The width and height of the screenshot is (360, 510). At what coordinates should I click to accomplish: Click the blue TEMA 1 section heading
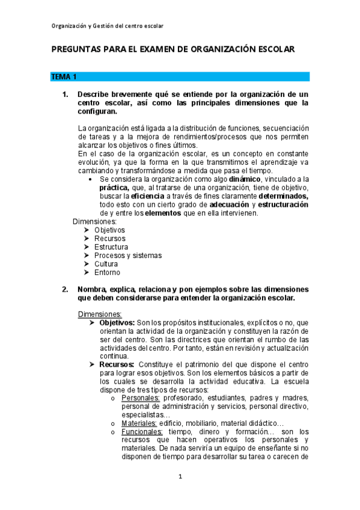(x=64, y=77)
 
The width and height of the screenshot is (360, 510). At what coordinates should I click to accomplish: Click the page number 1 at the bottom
(x=180, y=477)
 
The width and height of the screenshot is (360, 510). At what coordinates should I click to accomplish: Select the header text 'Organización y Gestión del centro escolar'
(x=108, y=26)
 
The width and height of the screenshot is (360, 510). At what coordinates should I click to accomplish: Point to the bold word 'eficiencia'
(x=151, y=196)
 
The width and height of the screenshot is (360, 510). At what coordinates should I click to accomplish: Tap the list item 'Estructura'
(x=111, y=247)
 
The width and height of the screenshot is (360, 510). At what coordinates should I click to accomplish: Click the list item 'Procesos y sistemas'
(x=127, y=256)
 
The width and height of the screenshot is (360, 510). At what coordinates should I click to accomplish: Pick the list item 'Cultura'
(x=106, y=264)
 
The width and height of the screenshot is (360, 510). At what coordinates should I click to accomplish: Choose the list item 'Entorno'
(x=107, y=272)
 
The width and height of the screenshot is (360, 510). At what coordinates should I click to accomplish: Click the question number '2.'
(x=66, y=289)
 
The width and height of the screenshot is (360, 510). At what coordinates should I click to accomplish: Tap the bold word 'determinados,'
(x=283, y=196)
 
